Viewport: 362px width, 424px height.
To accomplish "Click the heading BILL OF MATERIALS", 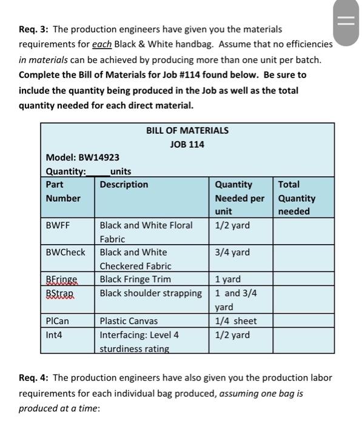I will click(x=187, y=130).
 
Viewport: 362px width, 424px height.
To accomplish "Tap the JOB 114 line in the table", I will click(x=187, y=144).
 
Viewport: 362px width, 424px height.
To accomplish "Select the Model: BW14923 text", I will click(x=82, y=157).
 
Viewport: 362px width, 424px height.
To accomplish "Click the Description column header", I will click(x=124, y=184).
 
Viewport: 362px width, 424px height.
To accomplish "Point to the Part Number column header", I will click(x=63, y=191).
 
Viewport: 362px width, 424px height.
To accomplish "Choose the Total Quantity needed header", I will click(x=297, y=197).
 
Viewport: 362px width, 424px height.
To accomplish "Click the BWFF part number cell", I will click(x=58, y=225).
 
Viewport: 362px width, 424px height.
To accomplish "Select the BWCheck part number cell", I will click(x=65, y=252).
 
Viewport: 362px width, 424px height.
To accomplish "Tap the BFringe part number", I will click(x=62, y=279).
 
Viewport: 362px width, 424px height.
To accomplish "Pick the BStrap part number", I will click(x=60, y=293).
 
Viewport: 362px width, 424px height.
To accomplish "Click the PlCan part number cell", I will click(x=58, y=321).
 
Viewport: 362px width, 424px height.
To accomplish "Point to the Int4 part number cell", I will click(x=54, y=335).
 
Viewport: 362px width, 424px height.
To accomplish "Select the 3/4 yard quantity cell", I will click(x=232, y=252).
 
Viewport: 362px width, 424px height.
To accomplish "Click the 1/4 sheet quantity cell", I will click(x=236, y=321).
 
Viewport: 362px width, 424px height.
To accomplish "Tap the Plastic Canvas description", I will click(x=129, y=321).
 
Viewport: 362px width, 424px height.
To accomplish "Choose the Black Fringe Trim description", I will click(x=135, y=279).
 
